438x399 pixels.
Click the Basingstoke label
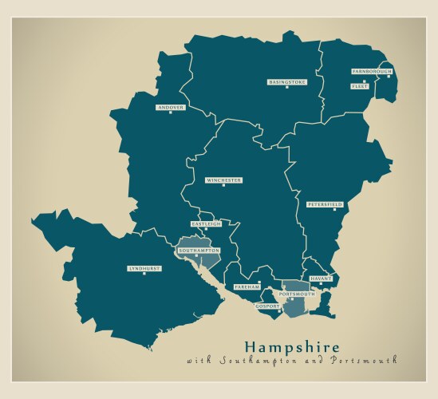286,82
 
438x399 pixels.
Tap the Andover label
171,107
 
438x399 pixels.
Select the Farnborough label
372,71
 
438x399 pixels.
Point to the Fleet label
360,86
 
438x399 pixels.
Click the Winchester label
223,180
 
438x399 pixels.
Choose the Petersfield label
325,204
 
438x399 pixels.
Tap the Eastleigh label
206,224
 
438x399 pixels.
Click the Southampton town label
199,251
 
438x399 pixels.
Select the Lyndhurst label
144,269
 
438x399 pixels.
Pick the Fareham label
247,286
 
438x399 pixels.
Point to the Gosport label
267,306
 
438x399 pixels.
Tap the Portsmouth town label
297,294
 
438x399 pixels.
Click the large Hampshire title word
291,347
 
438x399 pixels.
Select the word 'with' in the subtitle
195,361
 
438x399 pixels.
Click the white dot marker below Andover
171,113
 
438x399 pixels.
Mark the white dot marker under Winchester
223,186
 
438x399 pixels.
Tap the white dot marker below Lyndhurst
144,275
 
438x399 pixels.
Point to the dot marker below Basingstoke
286,88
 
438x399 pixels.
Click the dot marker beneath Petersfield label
334,210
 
